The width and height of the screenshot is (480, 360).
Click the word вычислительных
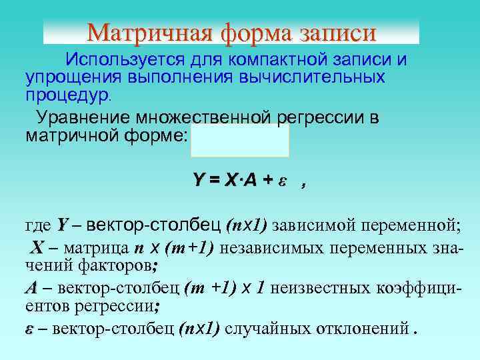(316, 77)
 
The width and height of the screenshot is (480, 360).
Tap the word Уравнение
(83, 118)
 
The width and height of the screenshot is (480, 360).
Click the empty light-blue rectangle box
(240, 140)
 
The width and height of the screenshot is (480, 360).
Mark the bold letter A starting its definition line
(31, 289)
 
